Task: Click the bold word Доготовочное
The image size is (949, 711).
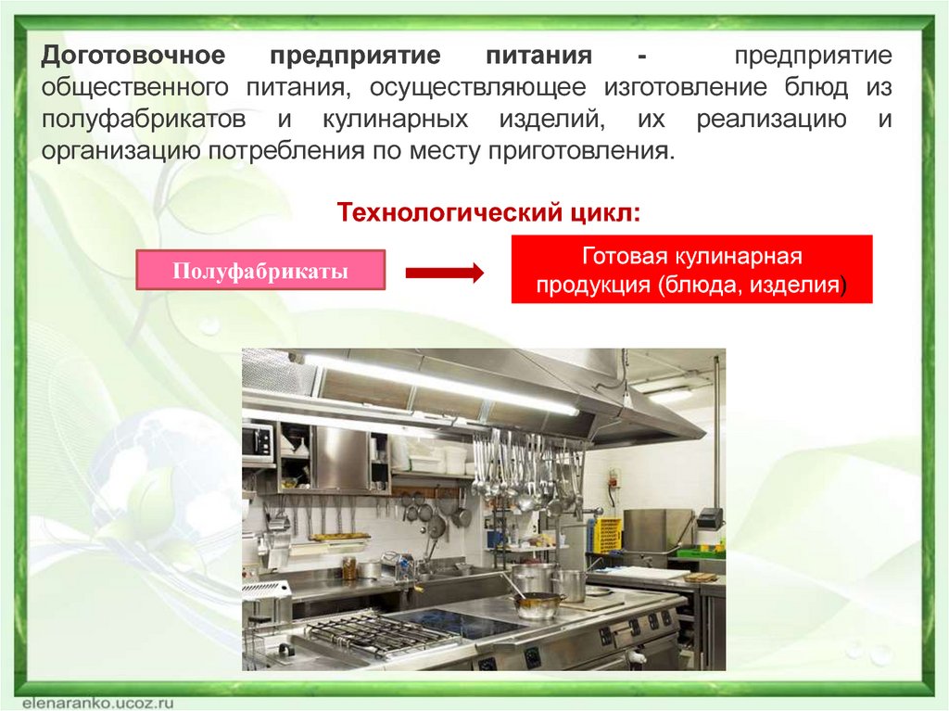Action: [133, 56]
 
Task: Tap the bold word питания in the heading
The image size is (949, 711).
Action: [538, 56]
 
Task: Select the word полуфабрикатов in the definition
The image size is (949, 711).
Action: [144, 120]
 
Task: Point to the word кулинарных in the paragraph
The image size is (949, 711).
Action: [395, 120]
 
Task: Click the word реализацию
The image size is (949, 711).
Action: [771, 120]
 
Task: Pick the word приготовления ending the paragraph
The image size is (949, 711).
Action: [580, 151]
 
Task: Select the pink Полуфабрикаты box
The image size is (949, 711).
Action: [260, 270]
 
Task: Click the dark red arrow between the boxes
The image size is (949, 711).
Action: [445, 273]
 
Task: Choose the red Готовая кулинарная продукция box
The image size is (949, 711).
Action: [691, 269]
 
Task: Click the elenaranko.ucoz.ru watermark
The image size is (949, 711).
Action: [98, 703]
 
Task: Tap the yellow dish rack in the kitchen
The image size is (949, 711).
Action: [606, 536]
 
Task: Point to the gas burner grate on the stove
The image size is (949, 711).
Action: [375, 633]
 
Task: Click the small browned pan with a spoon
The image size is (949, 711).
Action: [538, 603]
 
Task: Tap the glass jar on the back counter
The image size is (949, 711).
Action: [349, 568]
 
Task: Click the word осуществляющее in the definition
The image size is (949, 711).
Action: [478, 88]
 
